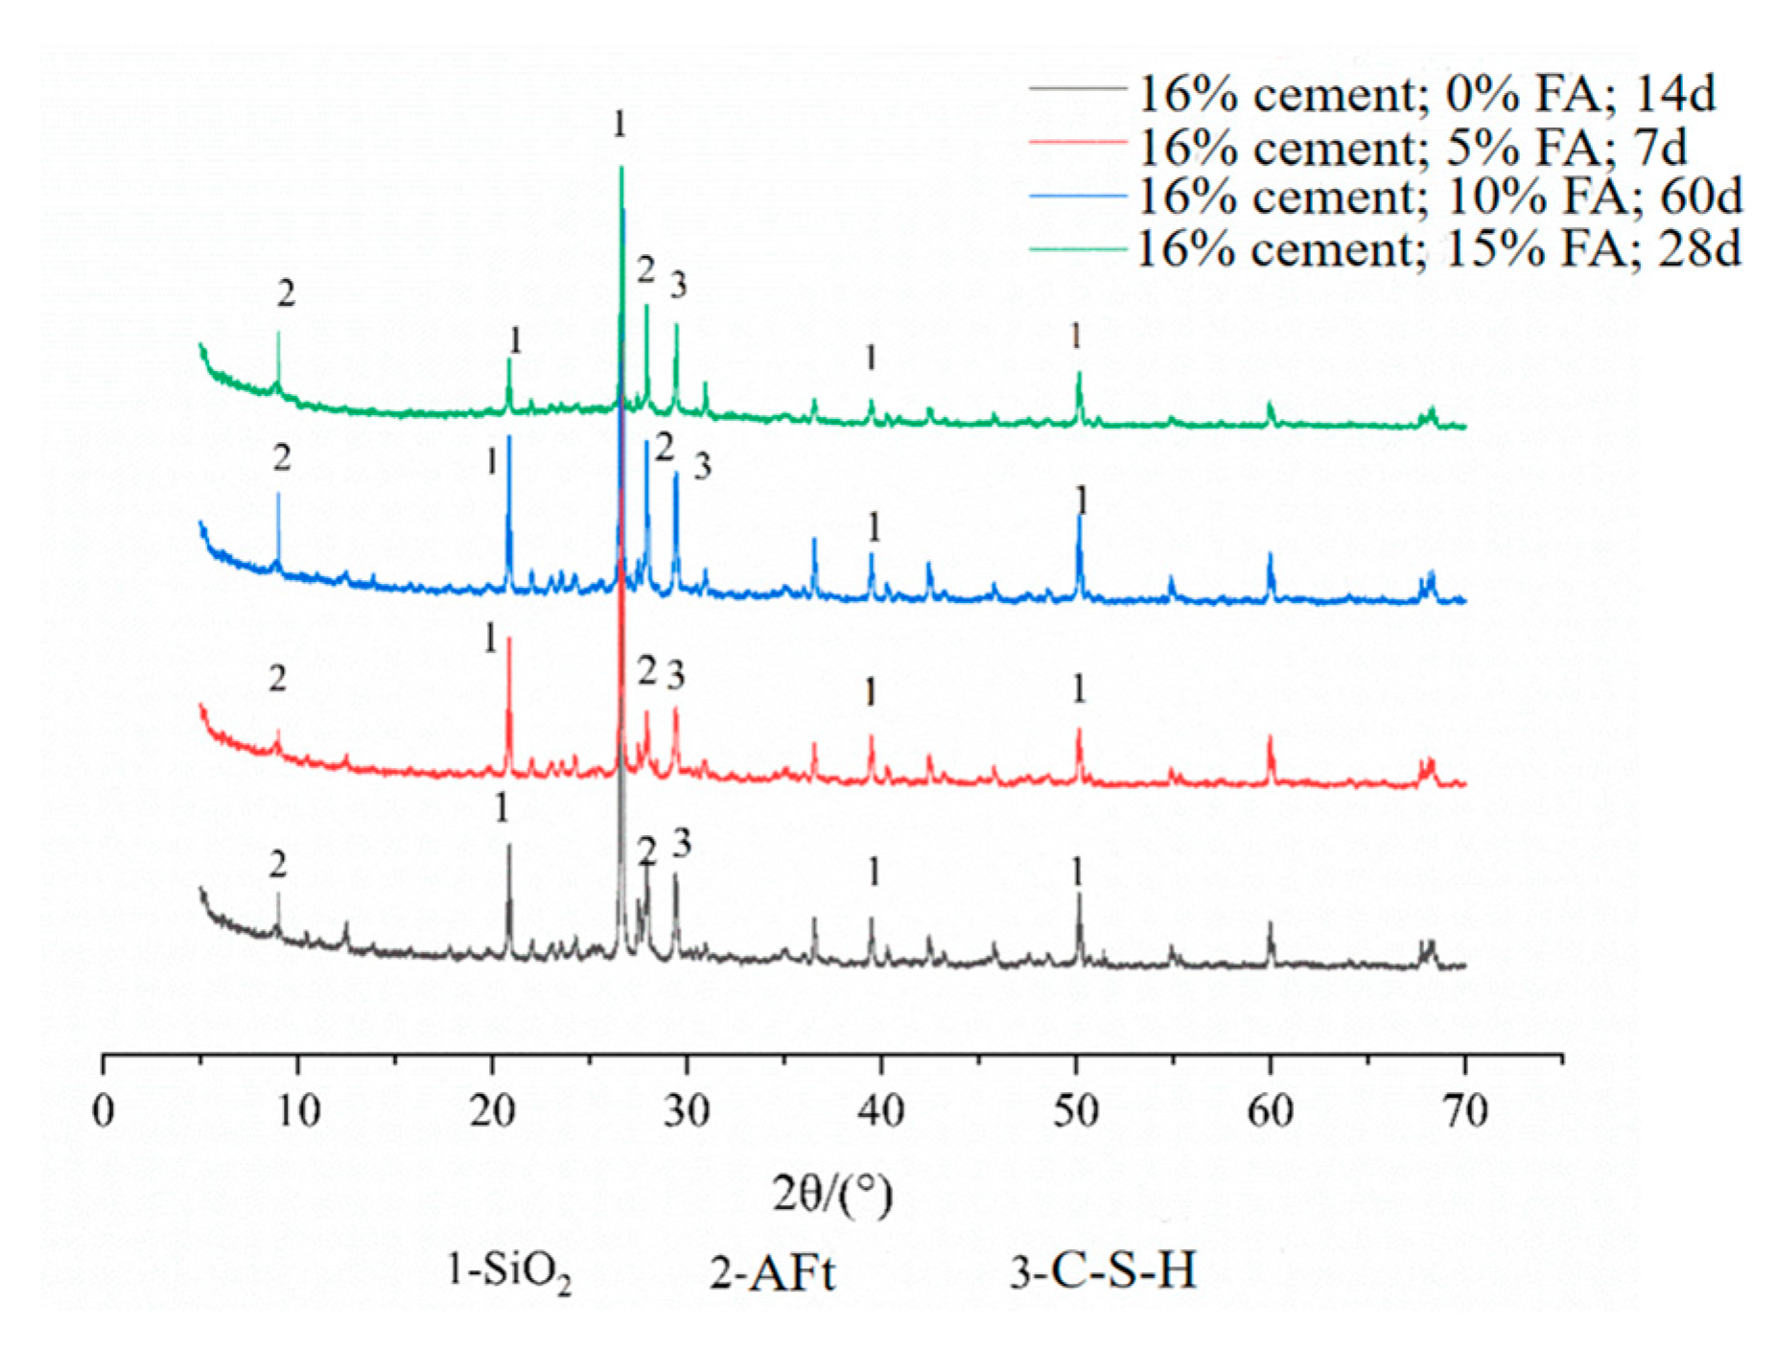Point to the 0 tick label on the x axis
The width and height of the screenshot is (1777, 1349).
(103, 1110)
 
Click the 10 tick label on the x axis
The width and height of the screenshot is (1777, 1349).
(297, 1110)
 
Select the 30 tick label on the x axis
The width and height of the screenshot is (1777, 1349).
(687, 1110)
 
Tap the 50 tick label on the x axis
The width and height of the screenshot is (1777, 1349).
(1076, 1110)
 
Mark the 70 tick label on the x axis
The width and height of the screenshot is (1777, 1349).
(1464, 1110)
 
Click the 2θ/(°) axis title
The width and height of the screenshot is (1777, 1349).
(832, 1195)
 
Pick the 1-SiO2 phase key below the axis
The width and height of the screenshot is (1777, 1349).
(509, 1273)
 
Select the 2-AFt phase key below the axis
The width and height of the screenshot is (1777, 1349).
(772, 1273)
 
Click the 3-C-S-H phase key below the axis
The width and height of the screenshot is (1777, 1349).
(1103, 1271)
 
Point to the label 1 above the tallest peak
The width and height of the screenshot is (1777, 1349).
(620, 124)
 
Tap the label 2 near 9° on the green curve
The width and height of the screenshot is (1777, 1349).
(286, 294)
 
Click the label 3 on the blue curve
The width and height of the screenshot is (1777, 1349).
(703, 467)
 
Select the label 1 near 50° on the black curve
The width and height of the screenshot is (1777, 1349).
(1078, 872)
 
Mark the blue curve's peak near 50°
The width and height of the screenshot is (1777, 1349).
(1080, 518)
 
